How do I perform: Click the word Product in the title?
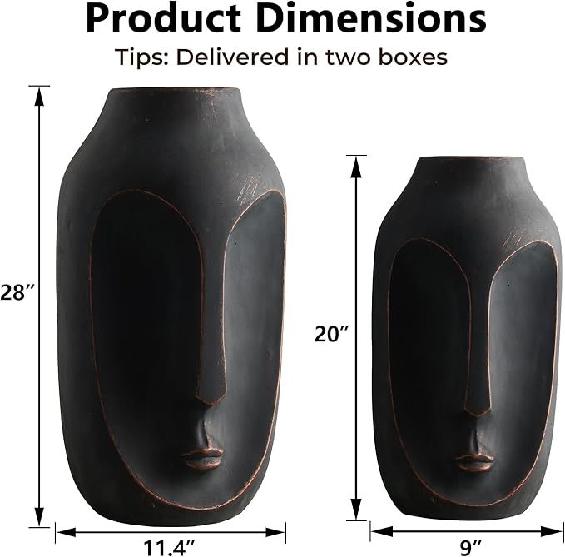(x=163, y=18)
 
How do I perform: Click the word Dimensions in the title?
(x=371, y=18)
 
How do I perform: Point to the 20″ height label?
(x=332, y=334)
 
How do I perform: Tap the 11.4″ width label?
(x=170, y=547)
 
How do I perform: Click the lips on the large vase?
(x=202, y=457)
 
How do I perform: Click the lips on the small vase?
(x=475, y=461)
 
